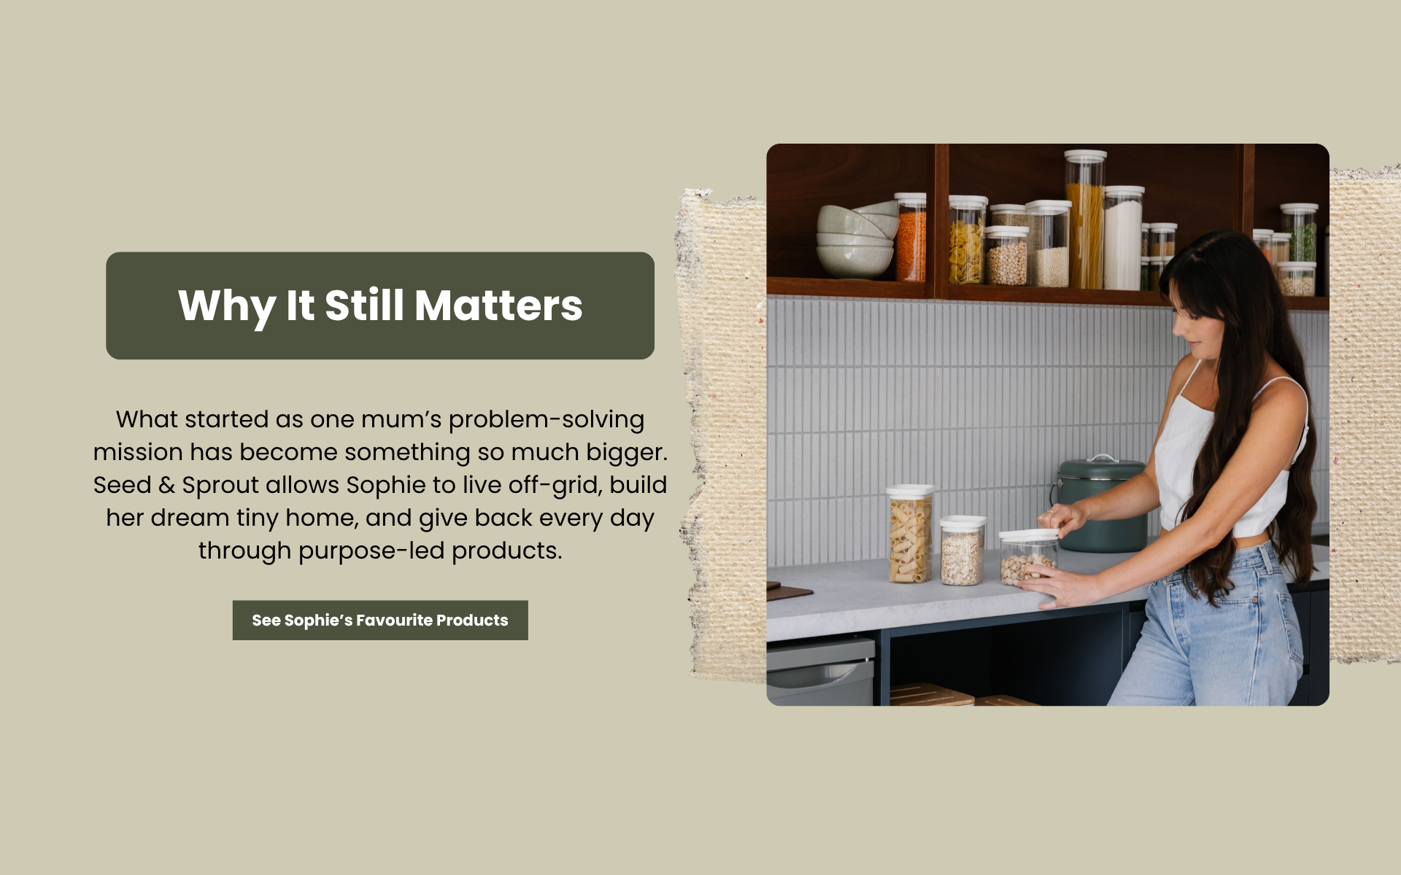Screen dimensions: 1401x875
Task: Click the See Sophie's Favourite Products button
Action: (x=380, y=620)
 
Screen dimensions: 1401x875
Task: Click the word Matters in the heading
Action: (x=498, y=305)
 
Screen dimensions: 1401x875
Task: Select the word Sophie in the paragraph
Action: (x=386, y=485)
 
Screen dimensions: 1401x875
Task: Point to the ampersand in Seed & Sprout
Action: (x=166, y=485)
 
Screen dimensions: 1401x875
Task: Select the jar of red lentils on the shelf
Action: (x=911, y=238)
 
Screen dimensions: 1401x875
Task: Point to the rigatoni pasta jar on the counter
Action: (x=910, y=534)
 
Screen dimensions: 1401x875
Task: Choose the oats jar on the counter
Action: (x=962, y=551)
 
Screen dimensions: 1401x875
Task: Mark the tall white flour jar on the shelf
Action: (x=1124, y=238)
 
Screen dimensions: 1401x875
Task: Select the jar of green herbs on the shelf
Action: (x=1300, y=233)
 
